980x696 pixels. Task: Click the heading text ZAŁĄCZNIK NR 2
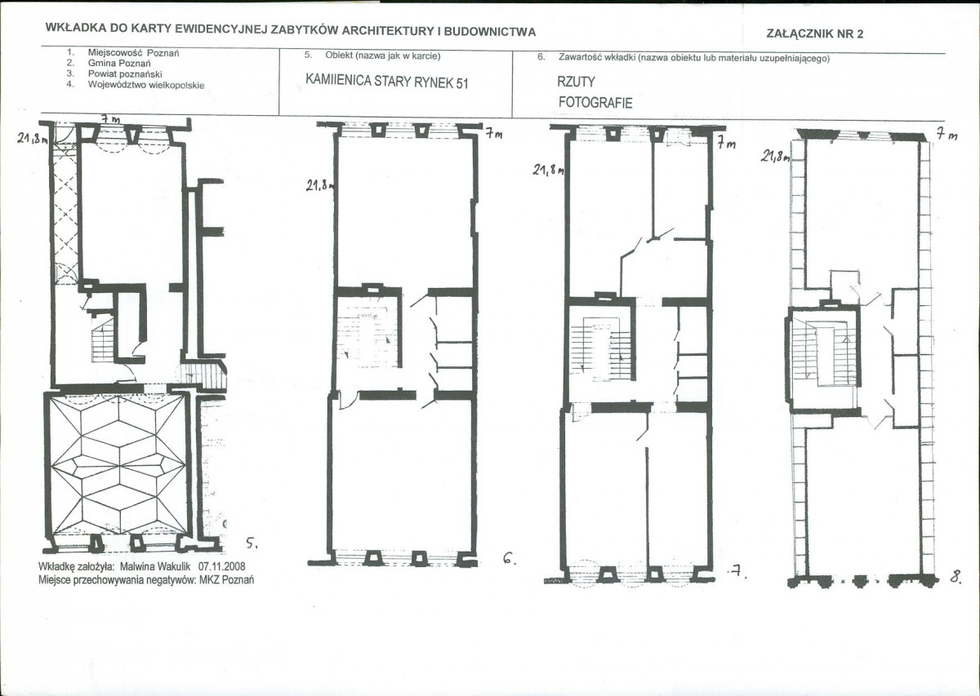(x=815, y=34)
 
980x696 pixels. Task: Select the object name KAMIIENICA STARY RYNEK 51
(x=387, y=82)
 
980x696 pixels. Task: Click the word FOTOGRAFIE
(x=595, y=103)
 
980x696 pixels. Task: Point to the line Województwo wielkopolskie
(x=146, y=85)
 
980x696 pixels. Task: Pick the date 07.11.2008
(x=222, y=566)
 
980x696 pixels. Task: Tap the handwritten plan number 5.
(x=252, y=543)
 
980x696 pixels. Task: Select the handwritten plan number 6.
(x=509, y=558)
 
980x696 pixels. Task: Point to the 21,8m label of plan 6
(x=320, y=186)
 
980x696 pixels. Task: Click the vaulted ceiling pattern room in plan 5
(x=118, y=464)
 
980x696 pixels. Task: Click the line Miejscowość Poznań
(x=133, y=53)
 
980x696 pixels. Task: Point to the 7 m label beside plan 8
(x=947, y=135)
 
